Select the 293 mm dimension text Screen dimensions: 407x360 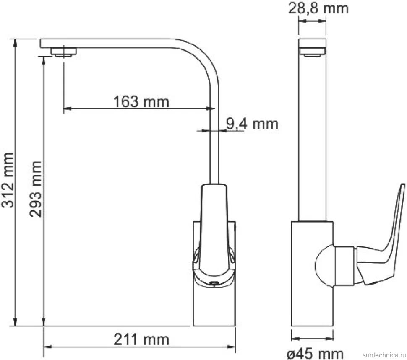click(x=36, y=189)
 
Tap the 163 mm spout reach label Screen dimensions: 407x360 click(x=141, y=101)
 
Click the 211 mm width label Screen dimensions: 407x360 click(x=141, y=339)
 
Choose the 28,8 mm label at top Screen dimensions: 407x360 click(x=318, y=8)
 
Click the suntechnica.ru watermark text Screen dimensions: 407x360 click(x=384, y=355)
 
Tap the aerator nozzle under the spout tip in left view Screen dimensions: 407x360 click(x=64, y=52)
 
